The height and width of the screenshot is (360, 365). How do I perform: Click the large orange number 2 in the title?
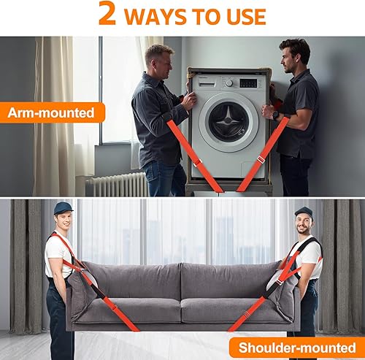click(107, 14)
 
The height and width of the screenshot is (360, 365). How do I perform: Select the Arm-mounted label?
click(52, 112)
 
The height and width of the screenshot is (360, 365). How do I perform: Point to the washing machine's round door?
click(228, 120)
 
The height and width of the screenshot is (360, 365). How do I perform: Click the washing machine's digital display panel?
click(247, 83)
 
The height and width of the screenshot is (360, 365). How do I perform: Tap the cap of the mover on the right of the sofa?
click(303, 212)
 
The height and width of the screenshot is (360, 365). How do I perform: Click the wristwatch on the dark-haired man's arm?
click(275, 115)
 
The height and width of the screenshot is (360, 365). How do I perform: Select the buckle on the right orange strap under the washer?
click(261, 159)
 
